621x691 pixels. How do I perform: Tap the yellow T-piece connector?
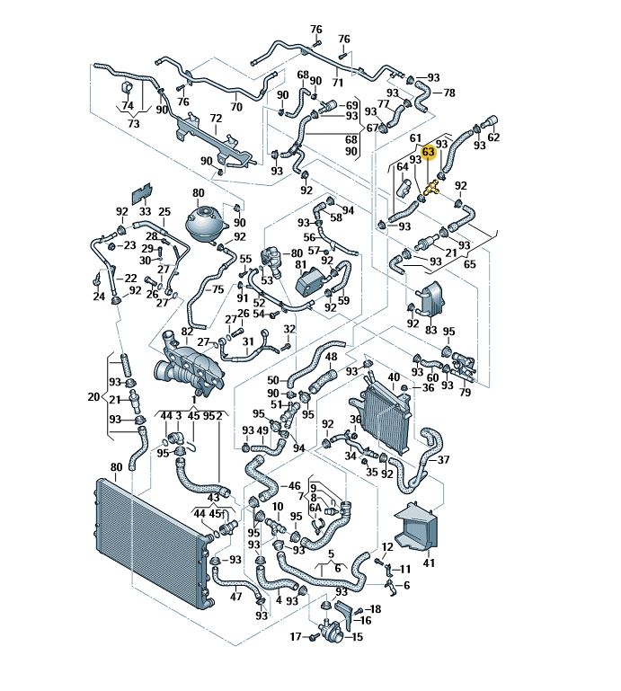[x=431, y=187]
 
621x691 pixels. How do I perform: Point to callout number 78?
[x=449, y=93]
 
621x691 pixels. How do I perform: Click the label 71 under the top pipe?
[x=338, y=82]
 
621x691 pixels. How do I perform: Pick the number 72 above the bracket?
[x=216, y=118]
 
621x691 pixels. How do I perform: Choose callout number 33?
[x=145, y=212]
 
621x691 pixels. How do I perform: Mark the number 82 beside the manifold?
[x=187, y=332]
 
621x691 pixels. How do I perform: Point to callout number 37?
[x=443, y=460]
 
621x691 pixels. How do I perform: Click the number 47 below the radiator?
[x=236, y=597]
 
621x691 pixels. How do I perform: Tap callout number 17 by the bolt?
[x=295, y=637]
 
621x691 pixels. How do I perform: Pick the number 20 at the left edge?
[x=93, y=396]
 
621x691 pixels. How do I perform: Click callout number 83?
[x=431, y=331]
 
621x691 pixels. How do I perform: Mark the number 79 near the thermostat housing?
[x=465, y=393]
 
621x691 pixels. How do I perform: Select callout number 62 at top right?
[x=492, y=138]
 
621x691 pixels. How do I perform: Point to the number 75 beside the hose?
[x=217, y=289]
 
